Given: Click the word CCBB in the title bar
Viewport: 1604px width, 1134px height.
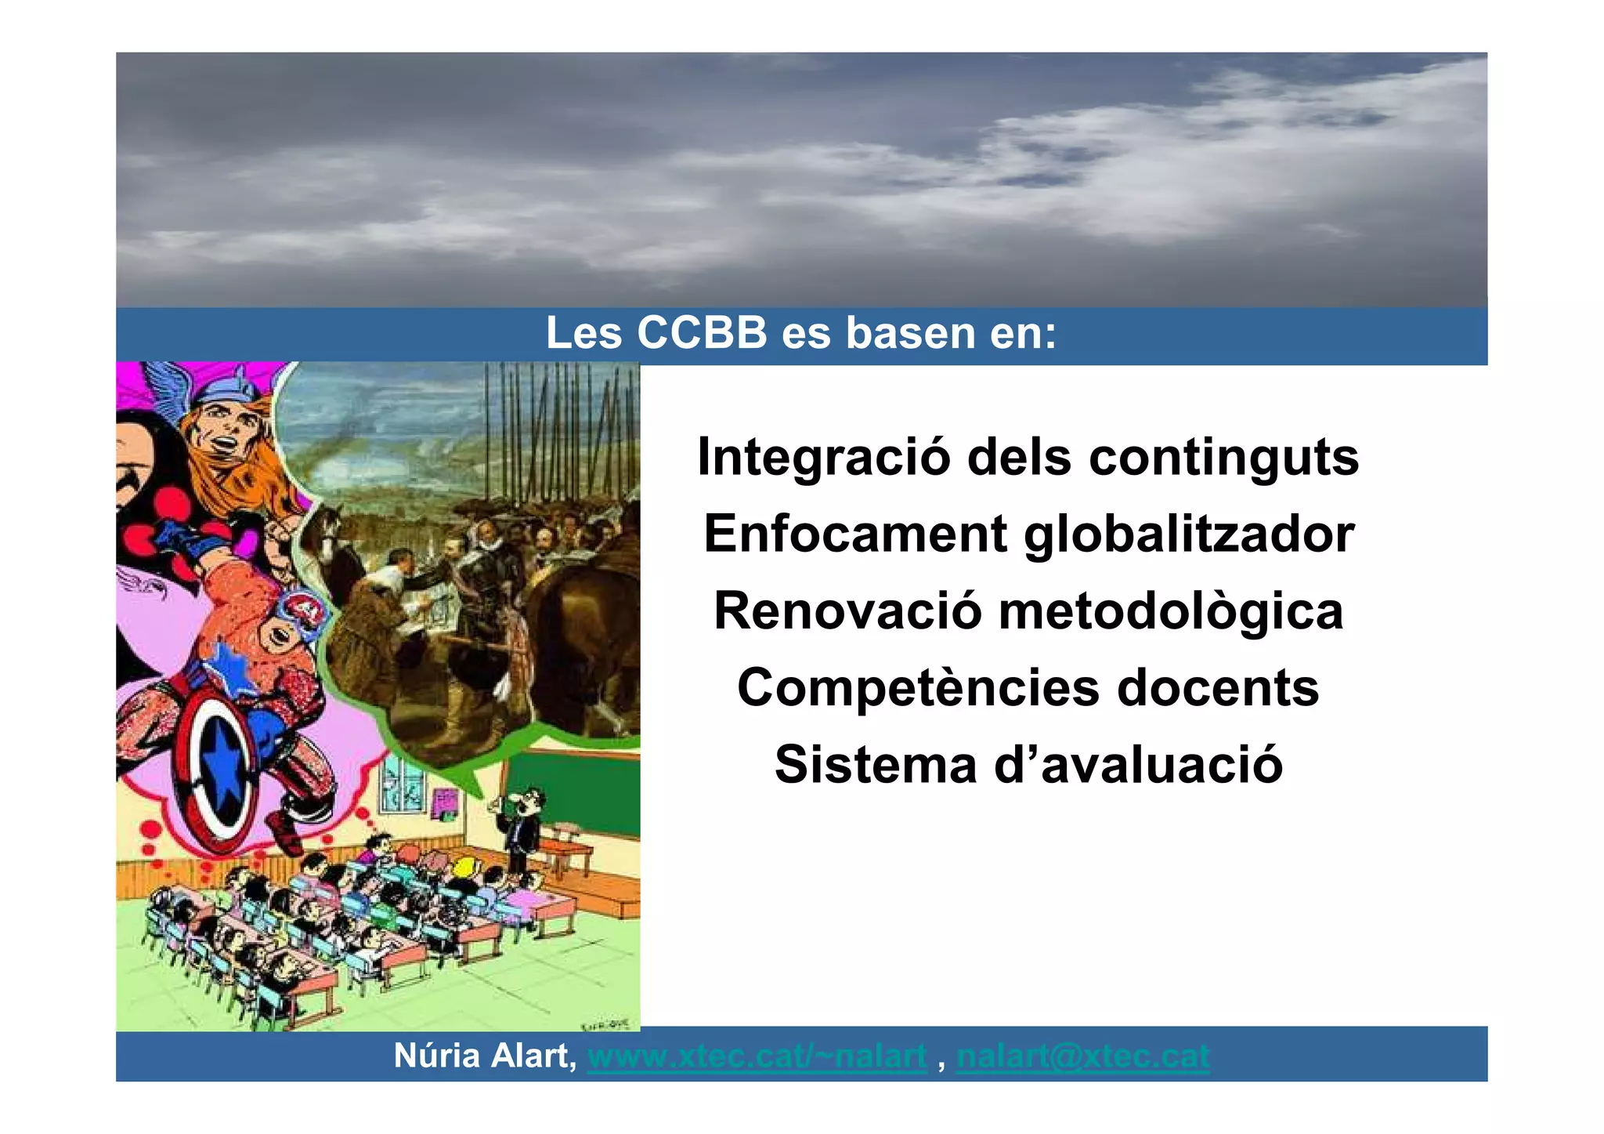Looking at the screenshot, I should [702, 333].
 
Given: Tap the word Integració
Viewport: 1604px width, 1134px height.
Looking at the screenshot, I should [822, 457].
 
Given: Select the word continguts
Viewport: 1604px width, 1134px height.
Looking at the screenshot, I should [1224, 457].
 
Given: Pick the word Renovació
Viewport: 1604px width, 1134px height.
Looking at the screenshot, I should [847, 611].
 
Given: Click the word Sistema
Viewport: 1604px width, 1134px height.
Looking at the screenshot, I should [876, 765].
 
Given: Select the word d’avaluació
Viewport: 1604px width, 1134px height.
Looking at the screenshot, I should [1138, 765].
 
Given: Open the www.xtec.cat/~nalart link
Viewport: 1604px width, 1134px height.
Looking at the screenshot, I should [757, 1056].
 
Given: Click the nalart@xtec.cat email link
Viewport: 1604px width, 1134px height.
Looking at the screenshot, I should [1082, 1056].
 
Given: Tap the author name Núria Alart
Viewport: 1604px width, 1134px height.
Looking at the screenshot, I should [484, 1056].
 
